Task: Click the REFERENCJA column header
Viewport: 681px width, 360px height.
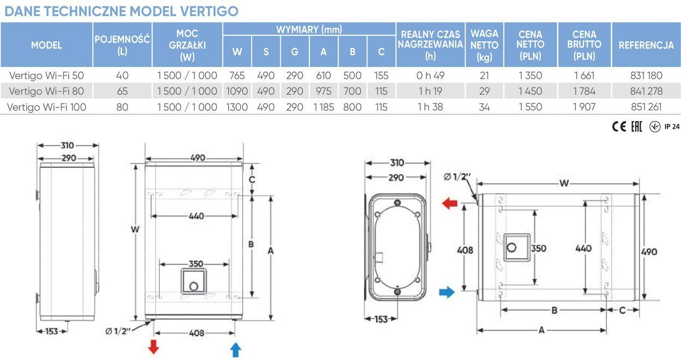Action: (646, 45)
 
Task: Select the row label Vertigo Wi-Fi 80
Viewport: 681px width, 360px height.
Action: (46, 91)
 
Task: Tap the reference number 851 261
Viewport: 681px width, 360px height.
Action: (646, 107)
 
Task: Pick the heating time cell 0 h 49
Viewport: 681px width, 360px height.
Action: (430, 75)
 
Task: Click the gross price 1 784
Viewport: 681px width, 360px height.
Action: (584, 91)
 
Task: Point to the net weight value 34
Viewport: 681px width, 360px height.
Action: (484, 107)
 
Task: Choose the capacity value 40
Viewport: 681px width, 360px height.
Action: (122, 75)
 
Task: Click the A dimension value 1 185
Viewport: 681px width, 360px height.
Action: (323, 107)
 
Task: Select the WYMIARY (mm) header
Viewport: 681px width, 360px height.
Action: (309, 29)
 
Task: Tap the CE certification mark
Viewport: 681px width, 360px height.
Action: (619, 127)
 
